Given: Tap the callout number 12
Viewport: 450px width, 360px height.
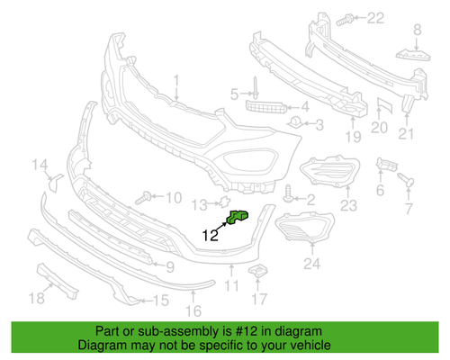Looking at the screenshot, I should [x=210, y=237].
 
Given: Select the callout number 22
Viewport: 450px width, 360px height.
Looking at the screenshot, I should [x=374, y=17].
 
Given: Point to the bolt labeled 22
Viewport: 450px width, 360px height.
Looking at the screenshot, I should [x=347, y=18].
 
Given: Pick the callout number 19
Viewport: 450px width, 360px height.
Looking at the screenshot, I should [x=353, y=136].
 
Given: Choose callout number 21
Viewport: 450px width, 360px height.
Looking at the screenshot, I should [x=407, y=136].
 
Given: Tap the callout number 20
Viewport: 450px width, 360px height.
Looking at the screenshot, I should [x=379, y=129].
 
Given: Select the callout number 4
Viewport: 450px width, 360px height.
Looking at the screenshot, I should [x=305, y=105].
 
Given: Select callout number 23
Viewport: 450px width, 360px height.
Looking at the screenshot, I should [x=348, y=206].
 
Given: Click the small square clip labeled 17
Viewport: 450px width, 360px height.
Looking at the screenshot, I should [x=259, y=273].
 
